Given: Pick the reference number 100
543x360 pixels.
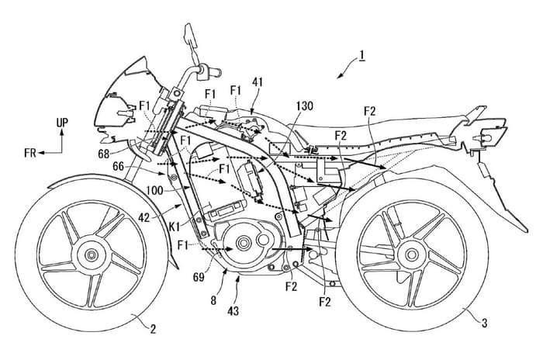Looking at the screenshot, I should (x=151, y=190).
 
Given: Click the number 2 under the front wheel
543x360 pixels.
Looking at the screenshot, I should (x=154, y=331).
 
